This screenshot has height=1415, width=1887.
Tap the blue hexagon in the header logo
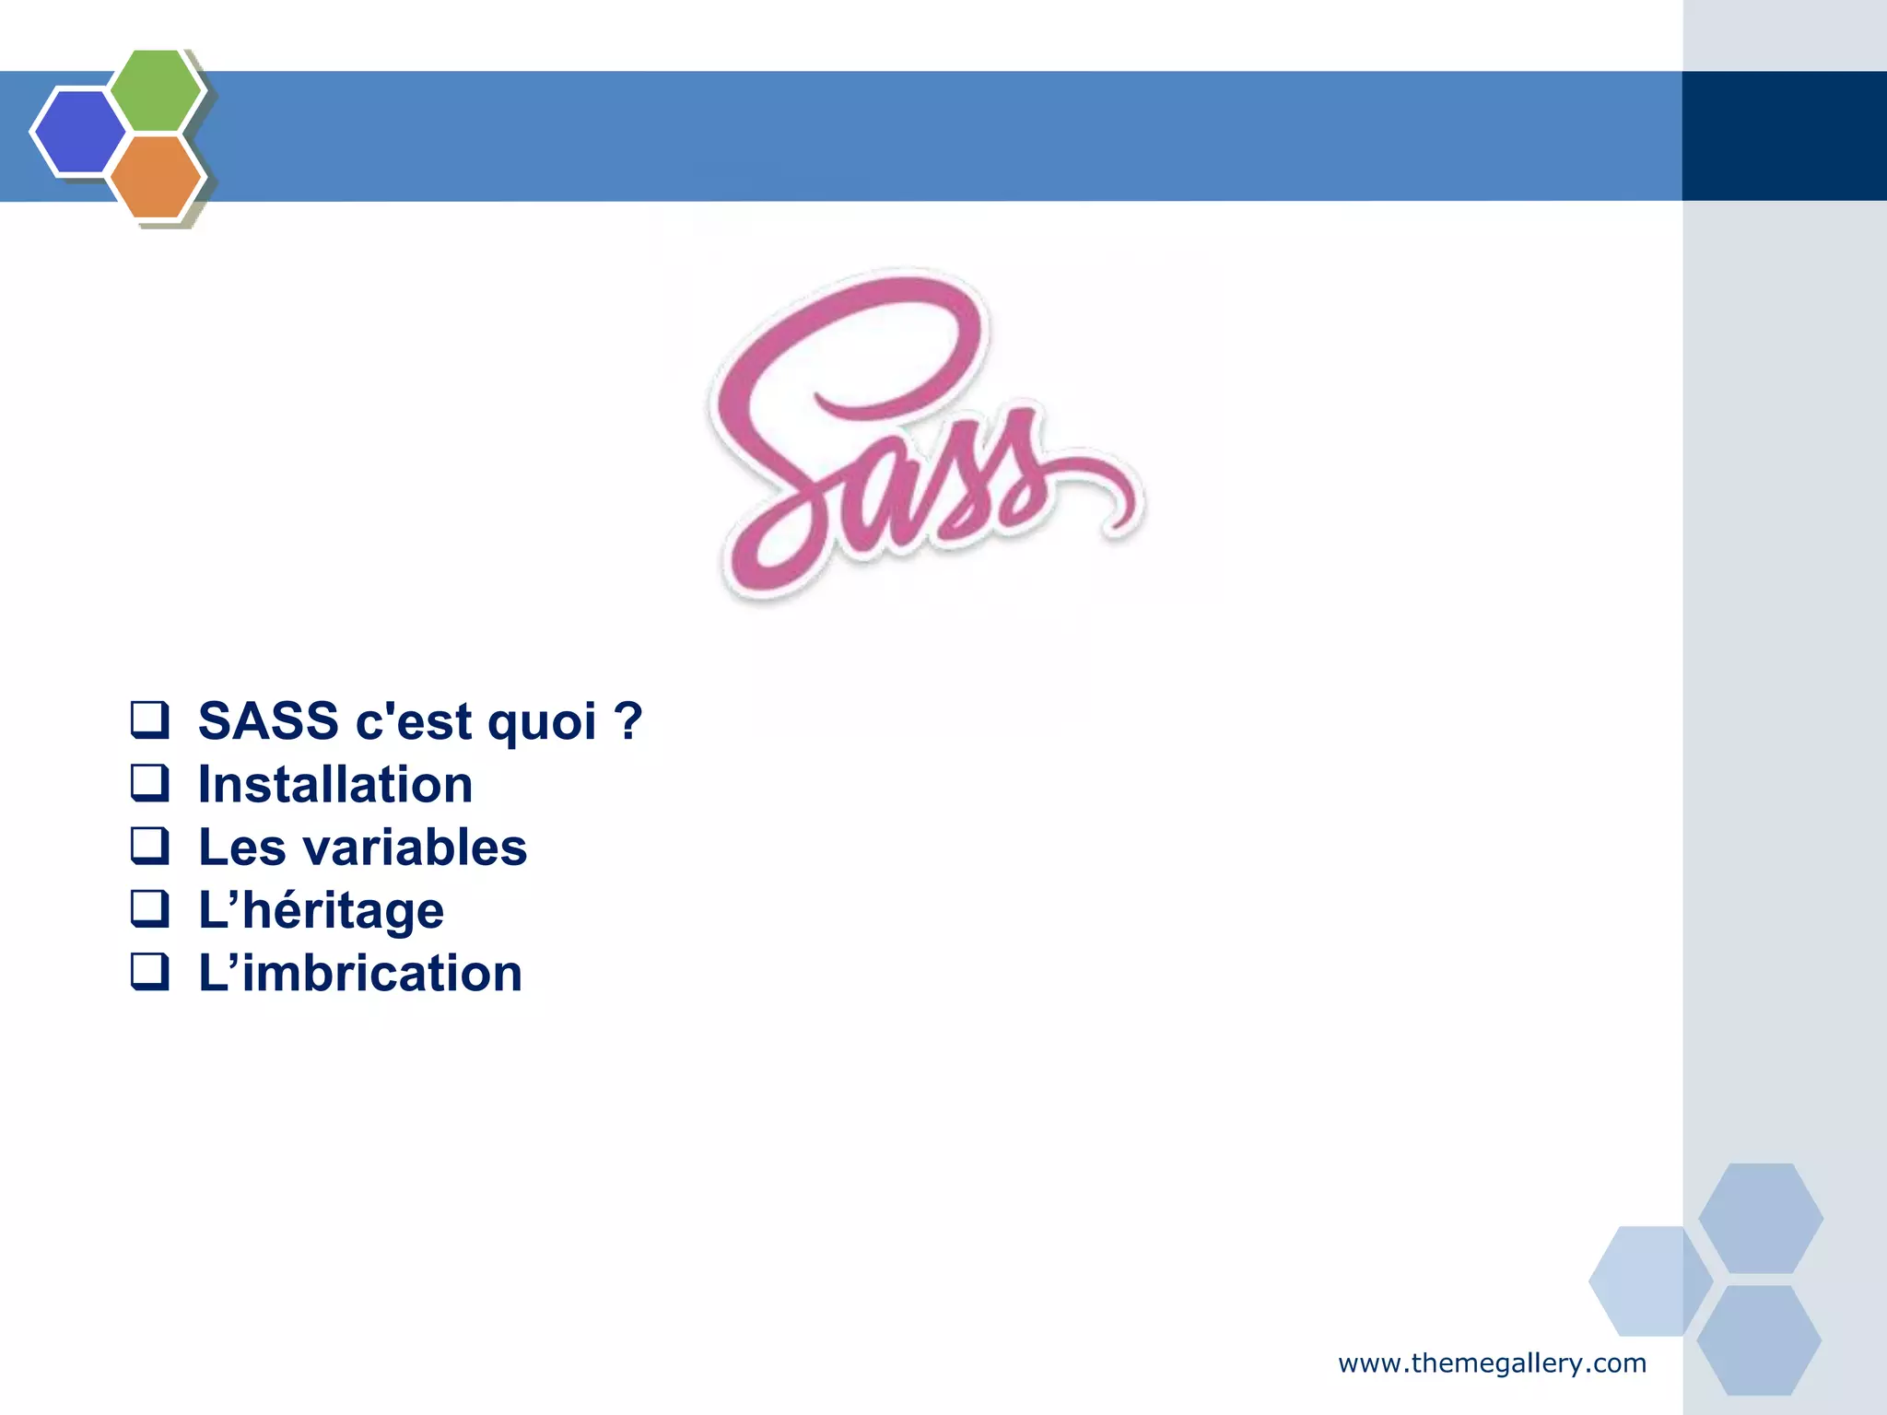pyautogui.click(x=79, y=131)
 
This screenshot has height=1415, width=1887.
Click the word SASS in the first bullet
pyautogui.click(x=268, y=720)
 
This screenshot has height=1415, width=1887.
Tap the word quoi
pyautogui.click(x=542, y=722)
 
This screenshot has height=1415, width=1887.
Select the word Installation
pyautogui.click(x=335, y=785)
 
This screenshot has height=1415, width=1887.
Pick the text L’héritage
pyautogui.click(x=321, y=911)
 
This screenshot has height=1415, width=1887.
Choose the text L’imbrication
pyautogui.click(x=360, y=974)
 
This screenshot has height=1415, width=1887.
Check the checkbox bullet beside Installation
pyautogui.click(x=149, y=783)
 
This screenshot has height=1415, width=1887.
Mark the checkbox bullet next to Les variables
pyautogui.click(x=149, y=846)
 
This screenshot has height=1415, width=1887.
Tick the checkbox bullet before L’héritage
pyautogui.click(x=149, y=908)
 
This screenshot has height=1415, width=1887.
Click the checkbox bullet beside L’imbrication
pyautogui.click(x=149, y=971)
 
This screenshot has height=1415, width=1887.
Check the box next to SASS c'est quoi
pyautogui.click(x=149, y=719)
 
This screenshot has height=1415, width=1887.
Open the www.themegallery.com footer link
pyautogui.click(x=1492, y=1363)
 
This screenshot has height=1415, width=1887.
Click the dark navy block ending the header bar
pyautogui.click(x=1784, y=135)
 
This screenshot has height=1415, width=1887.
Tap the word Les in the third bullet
pyautogui.click(x=241, y=848)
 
